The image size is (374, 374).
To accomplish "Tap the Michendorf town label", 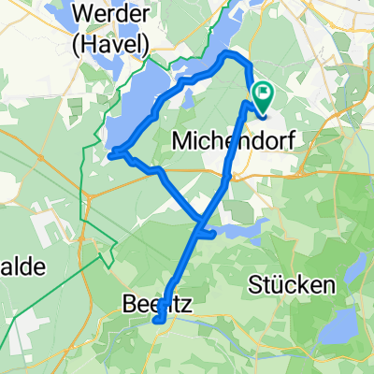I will click(x=221, y=143).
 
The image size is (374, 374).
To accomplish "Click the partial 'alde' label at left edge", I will click(x=21, y=266).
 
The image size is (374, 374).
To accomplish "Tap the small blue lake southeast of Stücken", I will click(x=344, y=327).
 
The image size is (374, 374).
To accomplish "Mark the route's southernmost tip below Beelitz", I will click(x=157, y=320).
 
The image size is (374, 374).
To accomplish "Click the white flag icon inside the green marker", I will click(x=263, y=93).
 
